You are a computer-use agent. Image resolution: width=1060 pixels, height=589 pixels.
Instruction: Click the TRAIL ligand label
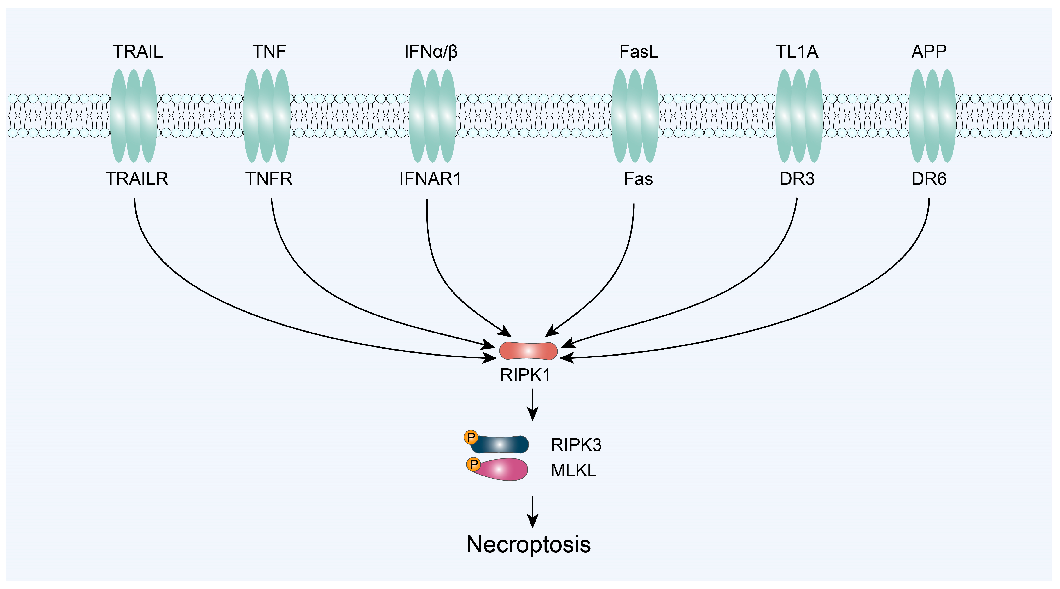click(138, 52)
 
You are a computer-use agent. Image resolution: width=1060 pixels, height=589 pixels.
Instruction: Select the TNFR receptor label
click(269, 179)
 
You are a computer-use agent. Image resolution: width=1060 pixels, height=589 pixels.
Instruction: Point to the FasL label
click(639, 52)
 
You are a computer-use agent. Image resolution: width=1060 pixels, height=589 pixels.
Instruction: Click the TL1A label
click(797, 52)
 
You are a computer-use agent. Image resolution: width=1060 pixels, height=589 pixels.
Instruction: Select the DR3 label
click(797, 179)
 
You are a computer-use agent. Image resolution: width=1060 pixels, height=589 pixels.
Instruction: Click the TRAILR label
click(137, 179)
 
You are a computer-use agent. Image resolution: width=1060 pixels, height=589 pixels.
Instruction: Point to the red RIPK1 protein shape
click(528, 351)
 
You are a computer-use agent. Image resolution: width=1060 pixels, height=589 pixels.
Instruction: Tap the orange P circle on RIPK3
click(471, 437)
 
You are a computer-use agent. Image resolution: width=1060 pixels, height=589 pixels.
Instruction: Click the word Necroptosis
click(529, 545)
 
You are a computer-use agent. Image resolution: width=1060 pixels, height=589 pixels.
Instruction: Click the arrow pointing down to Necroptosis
click(533, 512)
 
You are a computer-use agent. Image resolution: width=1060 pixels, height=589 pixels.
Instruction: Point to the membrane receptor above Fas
click(635, 116)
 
